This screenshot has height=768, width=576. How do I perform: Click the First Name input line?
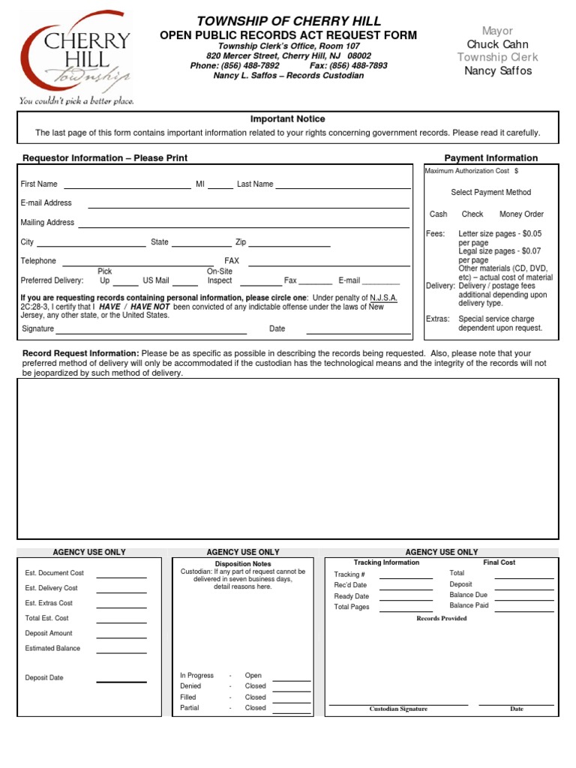(x=127, y=185)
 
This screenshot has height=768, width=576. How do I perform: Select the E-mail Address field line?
(x=248, y=205)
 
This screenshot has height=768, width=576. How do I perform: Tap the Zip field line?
(x=289, y=244)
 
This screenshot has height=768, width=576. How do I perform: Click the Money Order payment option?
(x=521, y=214)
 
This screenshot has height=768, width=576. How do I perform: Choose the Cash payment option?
(x=438, y=214)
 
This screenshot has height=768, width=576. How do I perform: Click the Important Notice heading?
(x=287, y=119)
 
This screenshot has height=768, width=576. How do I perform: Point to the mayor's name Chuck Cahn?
(x=497, y=44)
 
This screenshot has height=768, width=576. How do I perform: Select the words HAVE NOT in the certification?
(x=150, y=307)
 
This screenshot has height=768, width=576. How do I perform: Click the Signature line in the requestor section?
(x=151, y=331)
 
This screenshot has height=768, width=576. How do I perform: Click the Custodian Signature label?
(x=398, y=709)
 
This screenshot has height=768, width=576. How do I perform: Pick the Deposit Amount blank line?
(x=121, y=636)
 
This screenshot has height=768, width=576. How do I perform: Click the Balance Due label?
(x=468, y=595)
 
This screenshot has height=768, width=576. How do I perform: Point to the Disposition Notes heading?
(x=243, y=563)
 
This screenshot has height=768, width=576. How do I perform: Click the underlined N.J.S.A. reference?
(x=383, y=298)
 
